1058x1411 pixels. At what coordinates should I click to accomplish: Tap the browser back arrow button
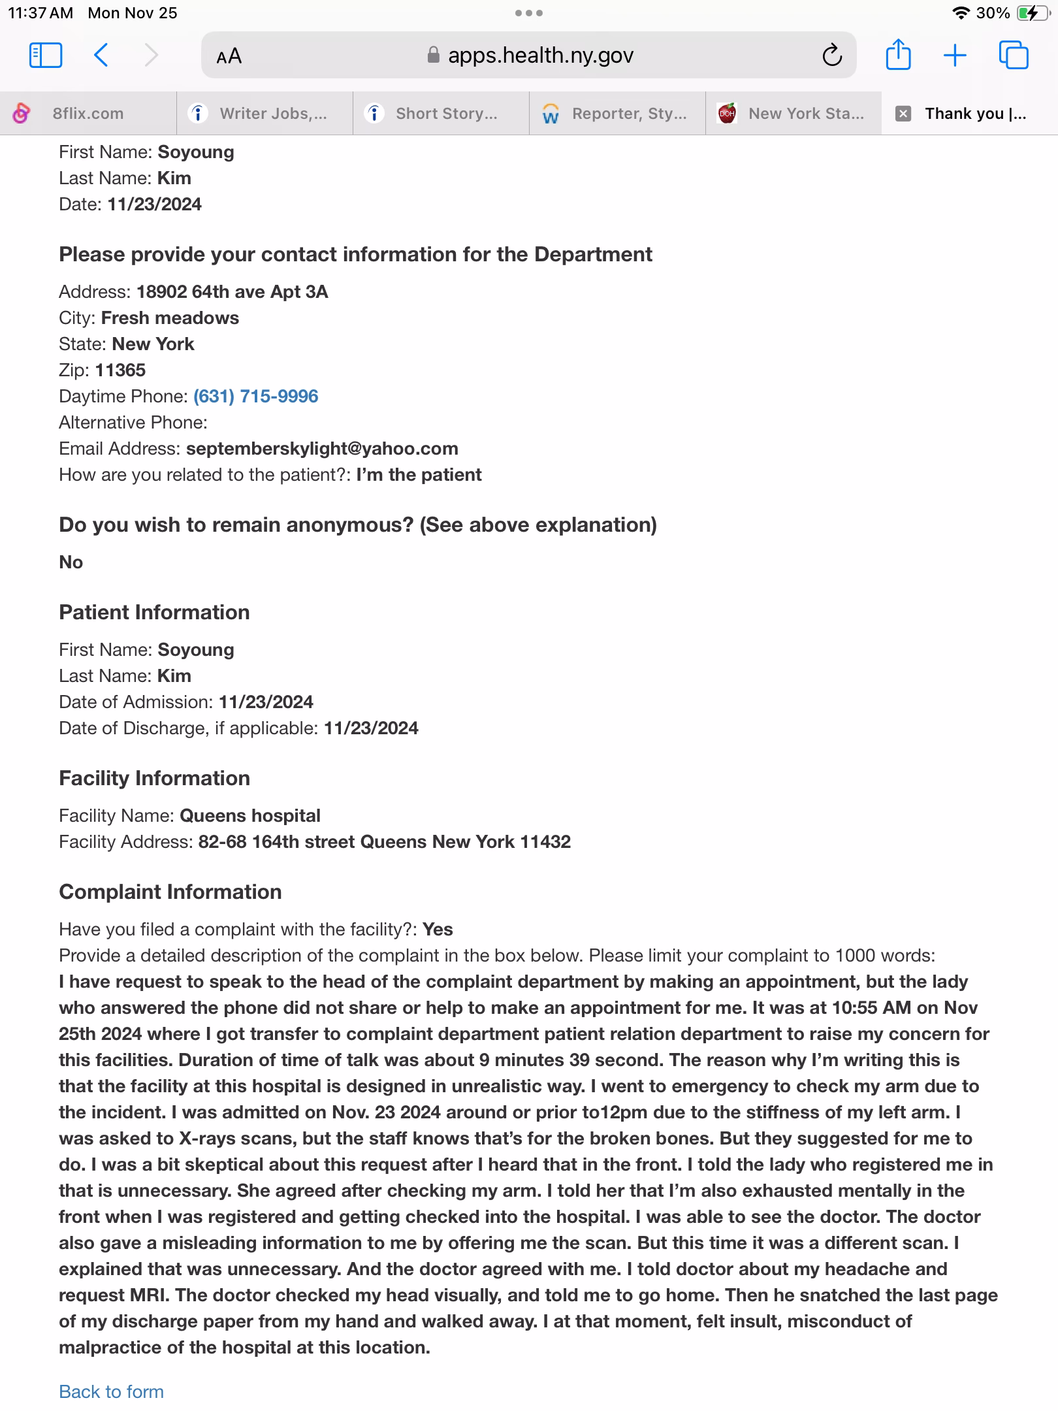click(x=101, y=56)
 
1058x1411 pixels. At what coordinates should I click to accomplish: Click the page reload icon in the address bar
click(x=831, y=56)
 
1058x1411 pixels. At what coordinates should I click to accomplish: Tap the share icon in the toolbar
click(x=898, y=55)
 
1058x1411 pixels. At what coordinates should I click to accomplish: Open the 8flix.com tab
click(x=88, y=114)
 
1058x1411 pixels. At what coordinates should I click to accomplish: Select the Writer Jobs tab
click(x=273, y=114)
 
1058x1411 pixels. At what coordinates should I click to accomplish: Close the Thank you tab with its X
click(x=903, y=114)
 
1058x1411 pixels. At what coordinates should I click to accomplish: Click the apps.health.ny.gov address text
click(x=540, y=56)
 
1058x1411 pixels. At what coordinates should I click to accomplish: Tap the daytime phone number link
click(x=255, y=397)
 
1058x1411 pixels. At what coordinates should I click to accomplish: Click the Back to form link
click(x=111, y=1391)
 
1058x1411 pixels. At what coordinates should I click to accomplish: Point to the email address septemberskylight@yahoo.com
click(x=322, y=449)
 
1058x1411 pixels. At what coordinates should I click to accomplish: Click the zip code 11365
click(x=120, y=370)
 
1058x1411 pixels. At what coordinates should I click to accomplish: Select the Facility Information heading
click(x=154, y=778)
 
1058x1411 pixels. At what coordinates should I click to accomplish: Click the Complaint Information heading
click(x=170, y=892)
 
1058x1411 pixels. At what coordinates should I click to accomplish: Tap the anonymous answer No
click(x=71, y=562)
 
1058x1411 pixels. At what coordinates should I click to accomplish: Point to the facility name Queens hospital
click(x=249, y=816)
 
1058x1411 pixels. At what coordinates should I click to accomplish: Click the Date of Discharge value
click(x=371, y=728)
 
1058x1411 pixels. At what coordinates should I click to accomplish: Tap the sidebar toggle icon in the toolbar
click(x=46, y=56)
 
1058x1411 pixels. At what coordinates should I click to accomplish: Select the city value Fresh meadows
click(x=170, y=318)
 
